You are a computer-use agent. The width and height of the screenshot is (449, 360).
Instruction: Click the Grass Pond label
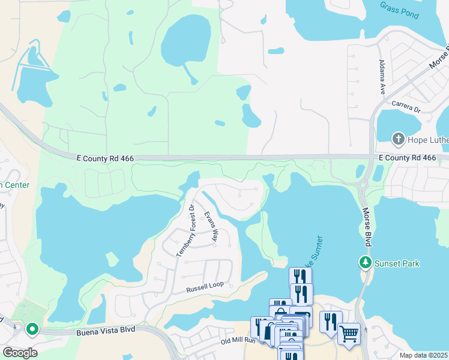[x=399, y=10]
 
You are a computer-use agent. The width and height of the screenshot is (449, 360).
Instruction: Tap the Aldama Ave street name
[x=382, y=77]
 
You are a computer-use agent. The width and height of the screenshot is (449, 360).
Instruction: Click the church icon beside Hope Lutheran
[x=397, y=140]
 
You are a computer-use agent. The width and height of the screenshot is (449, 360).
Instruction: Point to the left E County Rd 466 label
[x=105, y=158]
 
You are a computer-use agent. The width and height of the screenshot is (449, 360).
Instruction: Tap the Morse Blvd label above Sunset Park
[x=366, y=226]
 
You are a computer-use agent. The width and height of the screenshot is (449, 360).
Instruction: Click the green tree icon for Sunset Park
[x=365, y=262]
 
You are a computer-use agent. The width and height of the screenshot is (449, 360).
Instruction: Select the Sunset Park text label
[x=397, y=263]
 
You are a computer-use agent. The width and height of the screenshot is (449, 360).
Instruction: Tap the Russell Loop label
[x=204, y=288]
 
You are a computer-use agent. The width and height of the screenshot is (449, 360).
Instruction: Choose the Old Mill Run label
[x=238, y=341]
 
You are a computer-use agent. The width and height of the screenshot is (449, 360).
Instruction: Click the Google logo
[x=20, y=352]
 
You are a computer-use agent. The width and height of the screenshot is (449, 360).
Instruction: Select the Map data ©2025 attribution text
[x=423, y=355]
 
